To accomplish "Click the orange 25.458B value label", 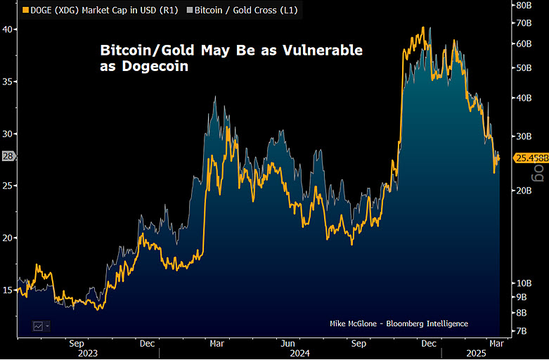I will (531, 158).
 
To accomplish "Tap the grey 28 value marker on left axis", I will (8, 157).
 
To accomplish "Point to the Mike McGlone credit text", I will (399, 323).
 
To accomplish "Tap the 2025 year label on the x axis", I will (478, 354).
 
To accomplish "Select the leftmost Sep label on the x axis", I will (77, 344).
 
